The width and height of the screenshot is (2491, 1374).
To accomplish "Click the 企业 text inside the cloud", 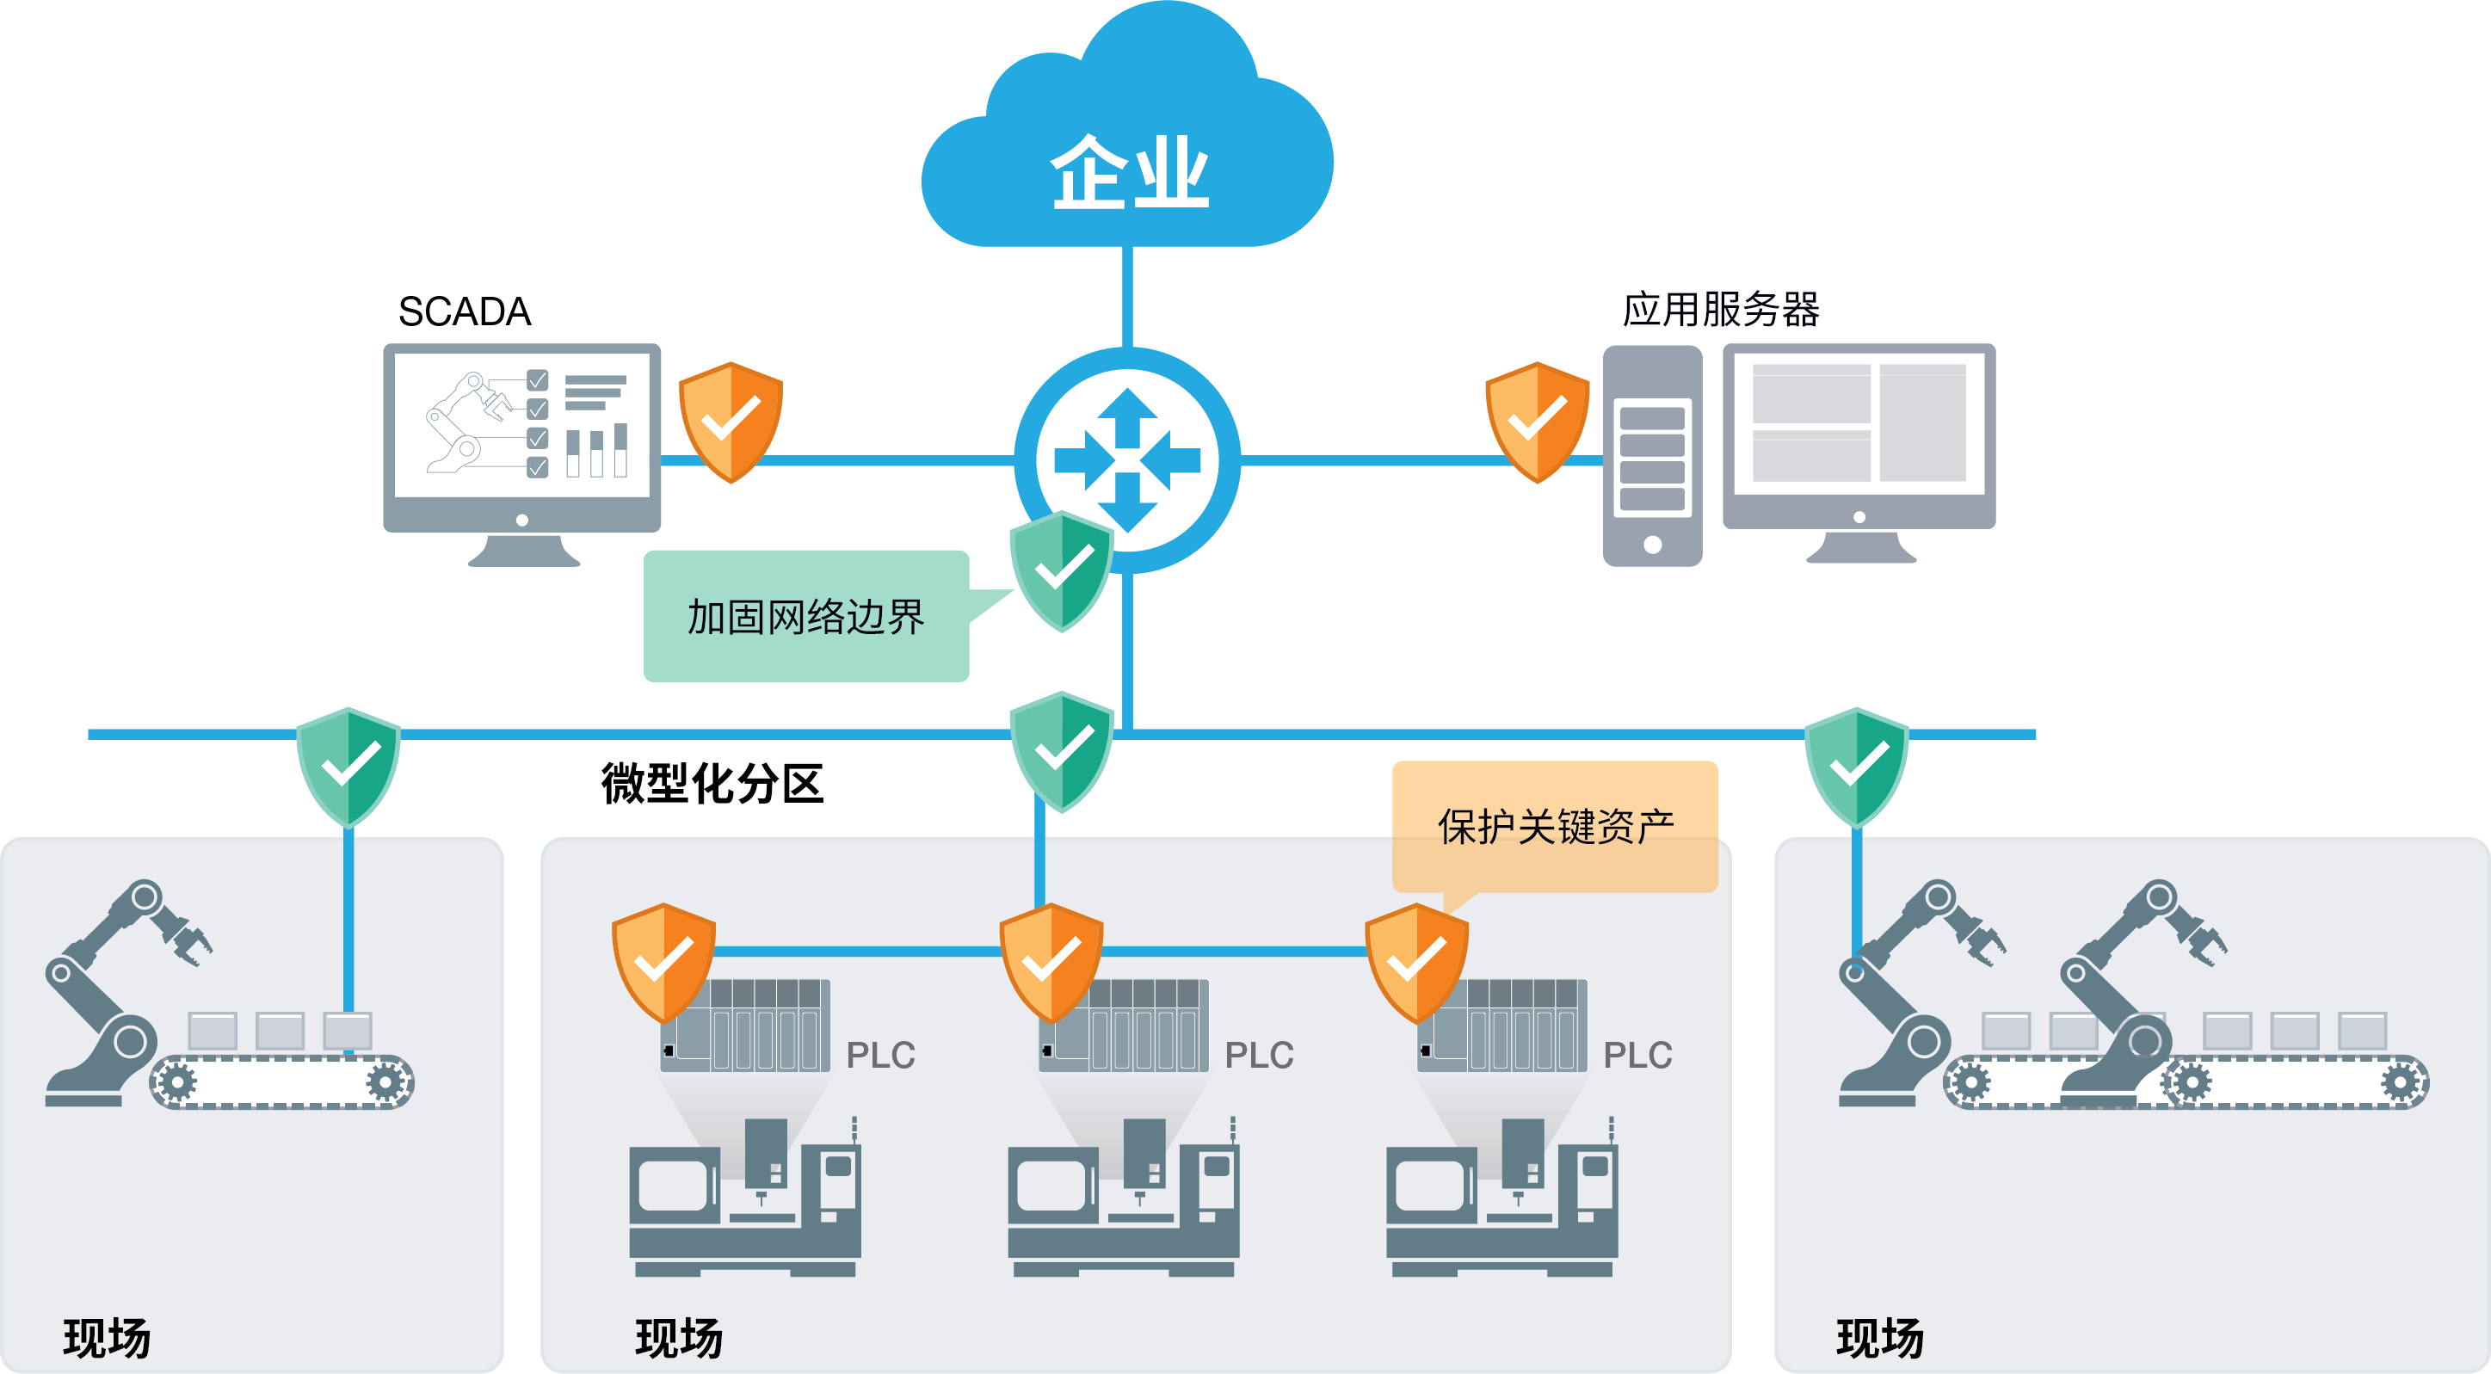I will tap(1129, 172).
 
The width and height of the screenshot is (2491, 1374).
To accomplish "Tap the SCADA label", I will tap(464, 311).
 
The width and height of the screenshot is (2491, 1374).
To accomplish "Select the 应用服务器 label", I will tap(1720, 310).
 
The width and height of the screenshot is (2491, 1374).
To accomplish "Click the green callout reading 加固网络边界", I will tap(805, 616).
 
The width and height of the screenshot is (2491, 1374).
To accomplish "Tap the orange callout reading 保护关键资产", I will tap(1555, 827).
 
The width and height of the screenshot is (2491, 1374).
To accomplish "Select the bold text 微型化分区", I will tap(712, 783).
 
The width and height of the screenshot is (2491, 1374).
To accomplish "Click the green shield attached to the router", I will tap(1062, 571).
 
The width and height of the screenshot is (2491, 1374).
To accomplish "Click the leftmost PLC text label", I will tap(880, 1055).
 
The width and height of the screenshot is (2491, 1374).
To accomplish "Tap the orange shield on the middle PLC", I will tap(1050, 962).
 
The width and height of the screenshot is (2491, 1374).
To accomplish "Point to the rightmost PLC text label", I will tap(1637, 1055).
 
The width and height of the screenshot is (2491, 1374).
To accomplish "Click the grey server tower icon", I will tap(1652, 456).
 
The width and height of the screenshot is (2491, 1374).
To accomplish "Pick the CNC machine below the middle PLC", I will tap(1123, 1199).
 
